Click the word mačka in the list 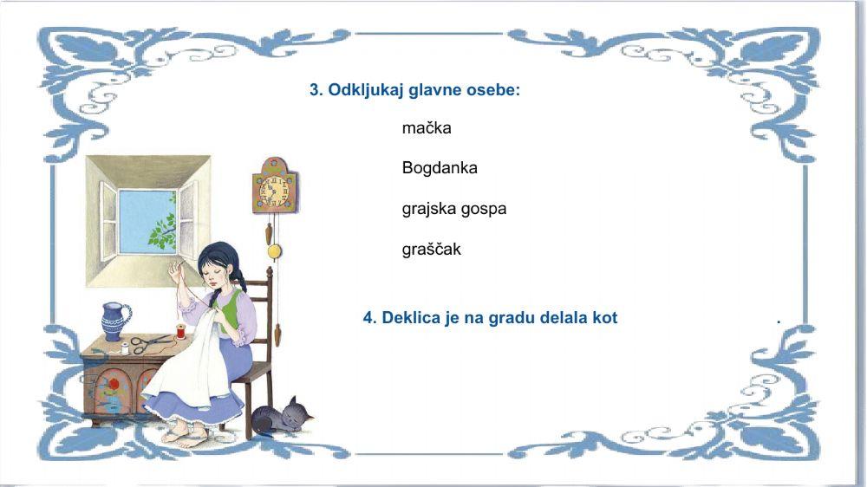coord(427,128)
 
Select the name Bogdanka coord(440,168)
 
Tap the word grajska coord(427,209)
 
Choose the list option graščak coord(431,250)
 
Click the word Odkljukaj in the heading coord(363,90)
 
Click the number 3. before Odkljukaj coord(316,90)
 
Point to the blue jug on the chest coord(115,321)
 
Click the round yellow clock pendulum coord(275,252)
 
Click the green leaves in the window coord(163,229)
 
